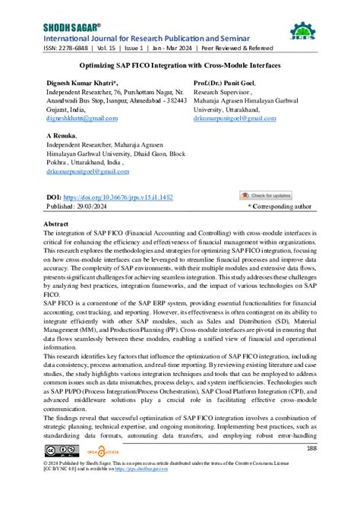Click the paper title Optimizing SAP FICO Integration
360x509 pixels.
point(180,66)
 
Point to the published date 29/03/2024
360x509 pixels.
point(92,206)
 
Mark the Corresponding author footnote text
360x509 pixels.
point(280,206)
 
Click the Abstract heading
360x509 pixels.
point(57,226)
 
